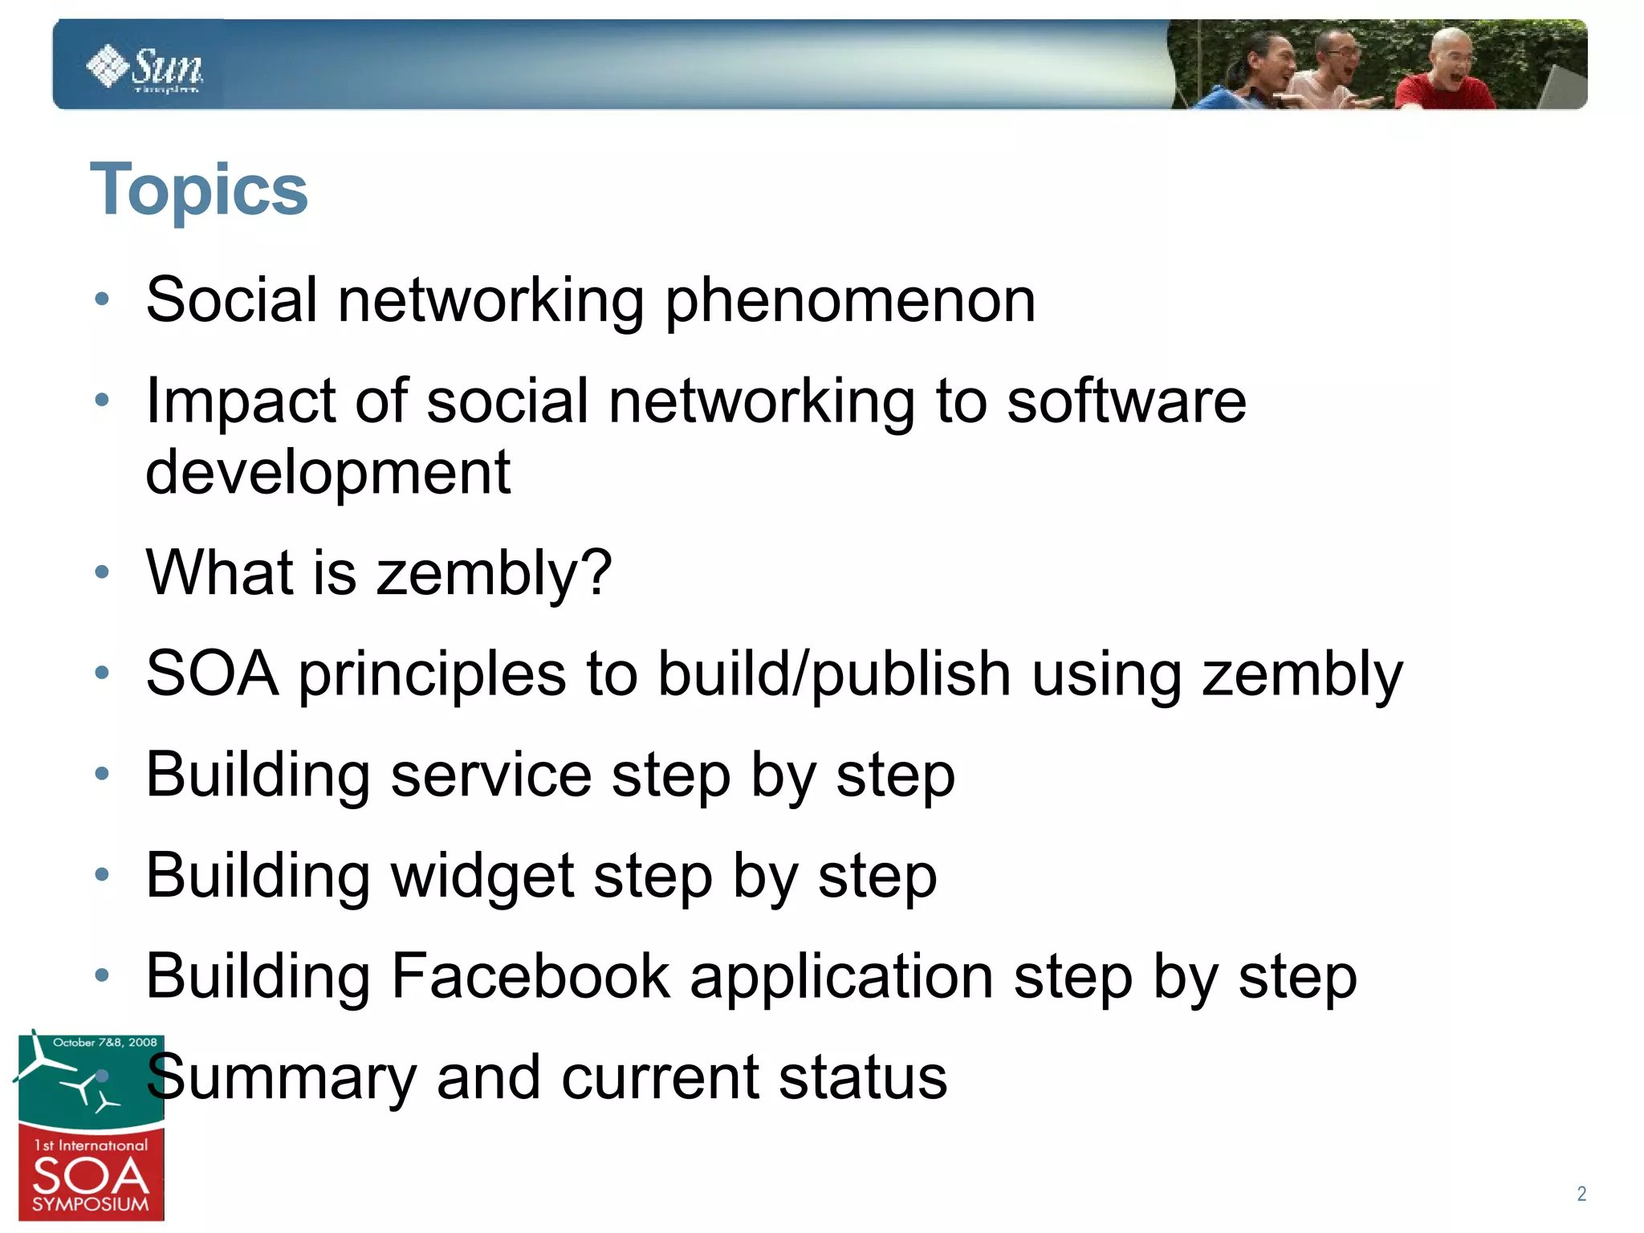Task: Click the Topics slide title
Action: [198, 190]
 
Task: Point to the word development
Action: [328, 472]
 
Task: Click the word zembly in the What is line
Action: [494, 573]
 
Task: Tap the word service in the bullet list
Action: [491, 775]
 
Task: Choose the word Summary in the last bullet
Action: [281, 1078]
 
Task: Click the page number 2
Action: [1581, 1194]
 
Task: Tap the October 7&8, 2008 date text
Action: [104, 1043]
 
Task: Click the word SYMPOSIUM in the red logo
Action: [91, 1205]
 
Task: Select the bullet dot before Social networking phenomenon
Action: [102, 299]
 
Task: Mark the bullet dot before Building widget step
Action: [102, 874]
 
